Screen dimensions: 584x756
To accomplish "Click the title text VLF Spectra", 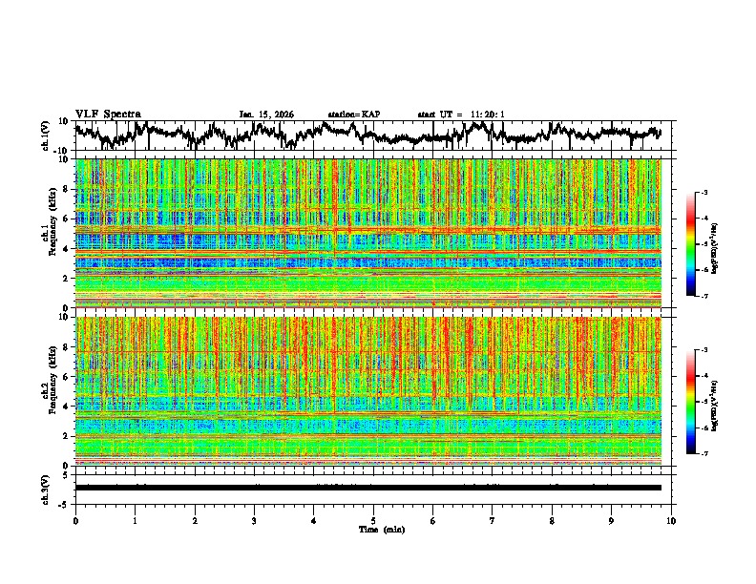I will [x=108, y=115].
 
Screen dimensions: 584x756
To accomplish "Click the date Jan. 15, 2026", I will [x=266, y=115].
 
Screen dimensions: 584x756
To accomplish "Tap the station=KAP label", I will [x=354, y=115].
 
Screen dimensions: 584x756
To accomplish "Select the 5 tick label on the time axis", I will [x=373, y=520].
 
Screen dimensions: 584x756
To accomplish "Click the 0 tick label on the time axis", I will [x=75, y=520].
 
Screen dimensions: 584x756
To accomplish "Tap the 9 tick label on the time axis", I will [x=612, y=520].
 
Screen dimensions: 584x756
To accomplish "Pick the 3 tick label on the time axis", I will [x=254, y=520].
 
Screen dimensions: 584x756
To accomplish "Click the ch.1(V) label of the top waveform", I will [x=45, y=136].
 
